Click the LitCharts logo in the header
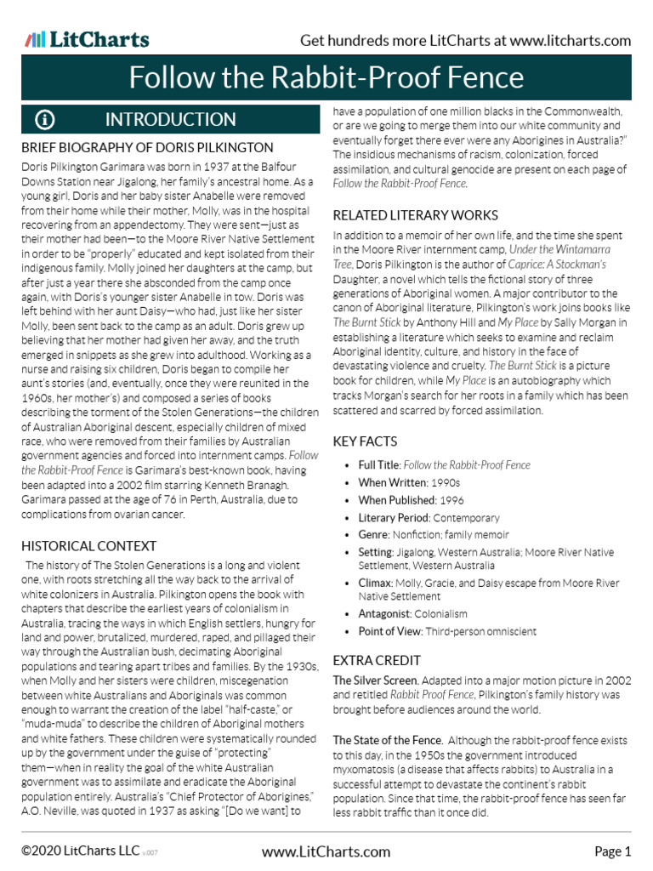point(87,40)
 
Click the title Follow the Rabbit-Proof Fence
point(326,78)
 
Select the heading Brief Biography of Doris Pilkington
point(147,148)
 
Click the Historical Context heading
point(88,546)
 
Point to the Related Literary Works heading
point(414,214)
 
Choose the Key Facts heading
point(365,441)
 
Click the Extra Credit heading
point(377,660)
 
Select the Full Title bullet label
point(378,465)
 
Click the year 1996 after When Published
point(452,500)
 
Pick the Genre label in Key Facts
point(373,535)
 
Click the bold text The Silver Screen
point(375,680)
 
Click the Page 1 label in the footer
point(612,851)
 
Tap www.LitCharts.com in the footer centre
point(326,851)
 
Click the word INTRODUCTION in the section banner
point(170,119)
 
